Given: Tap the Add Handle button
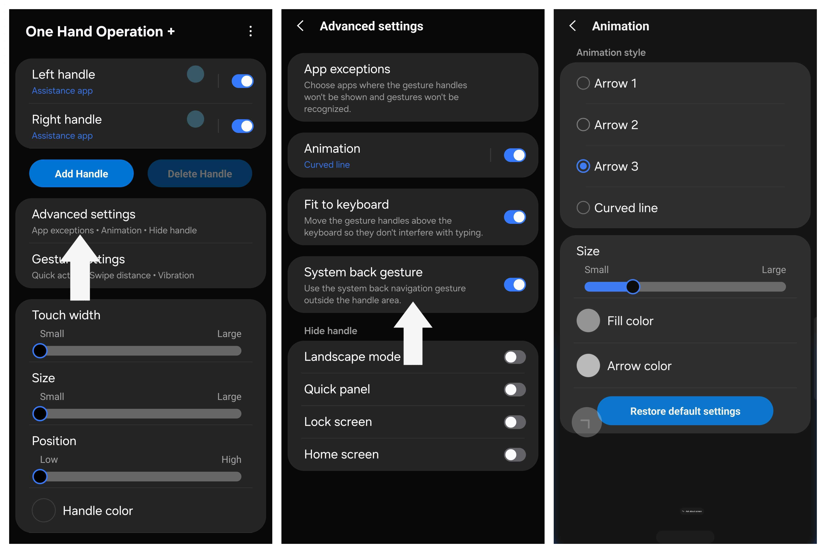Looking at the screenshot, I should [x=81, y=174].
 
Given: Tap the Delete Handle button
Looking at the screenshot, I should [x=200, y=174].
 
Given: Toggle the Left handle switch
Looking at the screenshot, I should [x=243, y=81].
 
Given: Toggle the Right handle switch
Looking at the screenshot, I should [x=243, y=126].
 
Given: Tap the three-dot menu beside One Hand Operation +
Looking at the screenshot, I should [x=251, y=31].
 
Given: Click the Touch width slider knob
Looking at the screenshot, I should [x=40, y=351].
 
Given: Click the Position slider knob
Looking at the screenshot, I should [x=40, y=477].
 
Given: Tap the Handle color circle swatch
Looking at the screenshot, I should [x=44, y=510].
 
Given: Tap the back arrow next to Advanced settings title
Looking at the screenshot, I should [x=300, y=26].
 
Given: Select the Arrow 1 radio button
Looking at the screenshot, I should [x=583, y=83].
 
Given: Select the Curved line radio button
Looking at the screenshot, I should [x=583, y=208].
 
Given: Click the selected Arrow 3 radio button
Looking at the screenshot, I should [x=583, y=166].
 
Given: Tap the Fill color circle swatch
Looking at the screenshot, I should [x=588, y=321].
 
